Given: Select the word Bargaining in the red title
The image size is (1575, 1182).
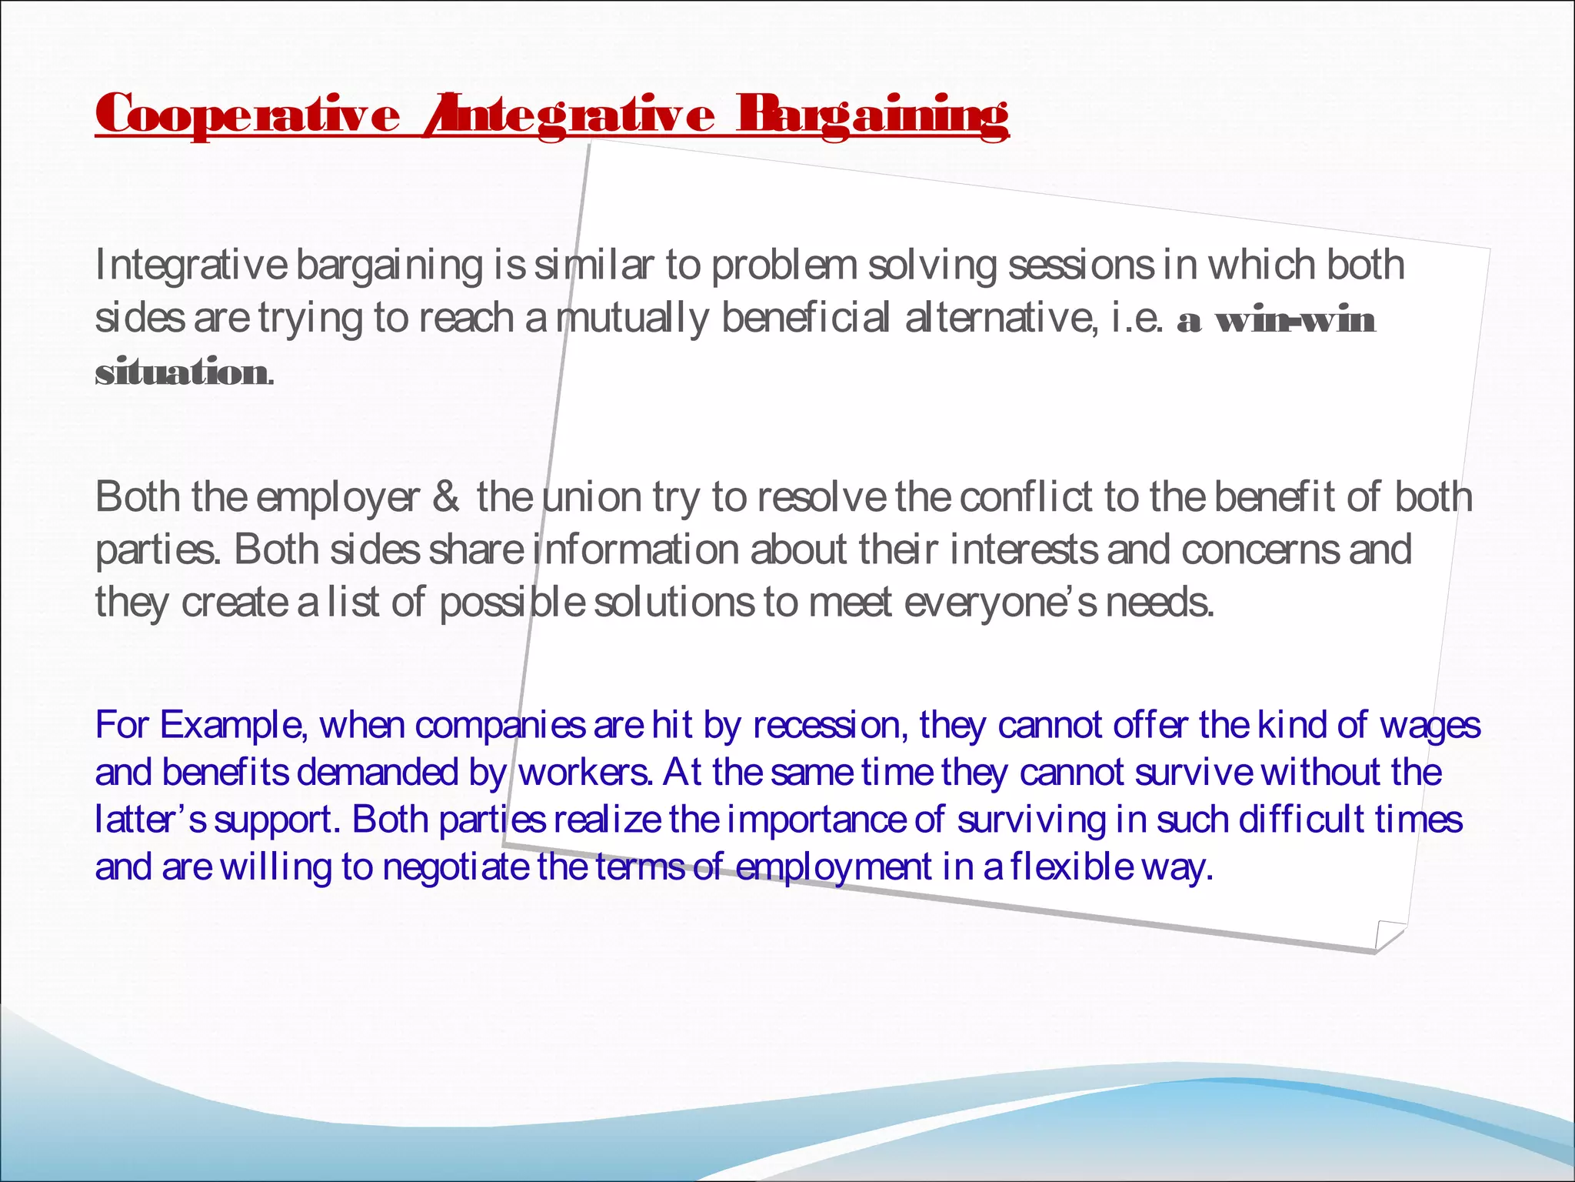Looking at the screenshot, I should pyautogui.click(x=872, y=115).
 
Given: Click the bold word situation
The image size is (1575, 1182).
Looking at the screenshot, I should pyautogui.click(x=181, y=372).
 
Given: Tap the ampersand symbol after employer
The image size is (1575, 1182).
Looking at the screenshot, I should pyautogui.click(x=445, y=497).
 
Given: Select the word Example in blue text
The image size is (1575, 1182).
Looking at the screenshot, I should pyautogui.click(x=231, y=726).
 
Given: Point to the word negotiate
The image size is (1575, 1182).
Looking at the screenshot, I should pyautogui.click(x=455, y=867).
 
